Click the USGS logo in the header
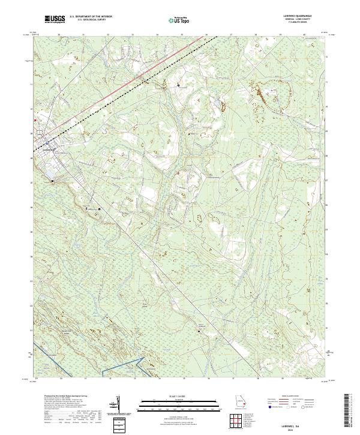coord(56,19)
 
